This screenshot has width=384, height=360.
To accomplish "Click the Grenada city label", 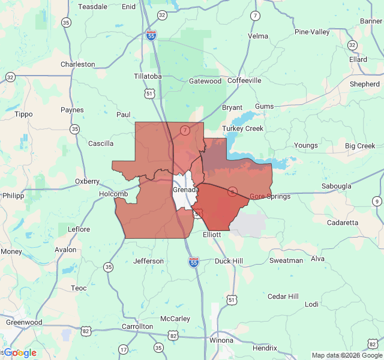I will coord(185,190).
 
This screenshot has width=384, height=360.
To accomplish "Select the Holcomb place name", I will coord(114,194).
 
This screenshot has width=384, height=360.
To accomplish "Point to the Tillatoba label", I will coord(148,77).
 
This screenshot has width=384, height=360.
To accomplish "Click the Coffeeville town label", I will coord(244,80).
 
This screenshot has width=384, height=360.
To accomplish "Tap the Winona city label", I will coord(221,340).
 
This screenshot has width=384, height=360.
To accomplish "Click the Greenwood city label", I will coord(24,322).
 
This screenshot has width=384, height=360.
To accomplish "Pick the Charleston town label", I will coord(78,64).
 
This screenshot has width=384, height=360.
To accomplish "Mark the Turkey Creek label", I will coord(243,129).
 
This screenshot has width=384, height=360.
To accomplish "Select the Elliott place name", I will coord(212,235).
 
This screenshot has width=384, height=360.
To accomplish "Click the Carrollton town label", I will coord(137,326).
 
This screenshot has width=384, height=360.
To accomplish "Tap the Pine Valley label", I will coord(312,32).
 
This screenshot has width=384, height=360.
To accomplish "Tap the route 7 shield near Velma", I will coord(256,16).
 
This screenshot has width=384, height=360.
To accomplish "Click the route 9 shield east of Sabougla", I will coord(376,201).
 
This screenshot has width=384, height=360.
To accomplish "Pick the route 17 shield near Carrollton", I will coord(123,349).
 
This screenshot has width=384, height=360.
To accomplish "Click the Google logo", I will coord(20,353).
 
